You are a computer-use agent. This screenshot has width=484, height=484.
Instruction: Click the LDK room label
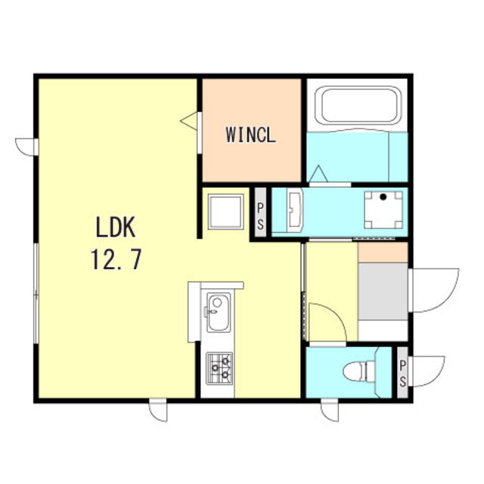tap(116, 227)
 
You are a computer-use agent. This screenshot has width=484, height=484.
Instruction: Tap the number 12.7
tap(116, 259)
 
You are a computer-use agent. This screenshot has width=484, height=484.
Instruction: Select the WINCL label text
tap(250, 135)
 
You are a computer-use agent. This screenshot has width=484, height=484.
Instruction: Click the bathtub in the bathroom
tap(358, 106)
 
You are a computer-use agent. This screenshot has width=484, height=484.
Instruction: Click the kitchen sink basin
tap(219, 312)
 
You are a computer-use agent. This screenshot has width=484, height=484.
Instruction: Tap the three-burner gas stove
tap(219, 368)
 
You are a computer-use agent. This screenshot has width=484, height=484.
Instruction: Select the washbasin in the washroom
tap(295, 210)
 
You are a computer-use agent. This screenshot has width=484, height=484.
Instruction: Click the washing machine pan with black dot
tap(383, 210)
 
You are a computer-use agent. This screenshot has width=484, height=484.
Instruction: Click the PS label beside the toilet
tap(402, 373)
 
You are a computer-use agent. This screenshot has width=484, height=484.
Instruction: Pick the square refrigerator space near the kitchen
tap(225, 212)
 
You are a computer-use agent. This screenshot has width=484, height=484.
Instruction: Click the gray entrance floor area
tap(383, 291)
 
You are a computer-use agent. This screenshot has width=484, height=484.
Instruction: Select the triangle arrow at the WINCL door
tap(189, 121)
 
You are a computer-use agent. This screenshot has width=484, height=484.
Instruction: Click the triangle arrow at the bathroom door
tap(318, 174)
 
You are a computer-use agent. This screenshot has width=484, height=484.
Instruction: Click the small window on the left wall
tap(26, 147)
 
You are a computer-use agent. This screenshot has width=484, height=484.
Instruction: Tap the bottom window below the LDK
tap(158, 410)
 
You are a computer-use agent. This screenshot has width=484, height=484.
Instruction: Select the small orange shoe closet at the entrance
tap(383, 253)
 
